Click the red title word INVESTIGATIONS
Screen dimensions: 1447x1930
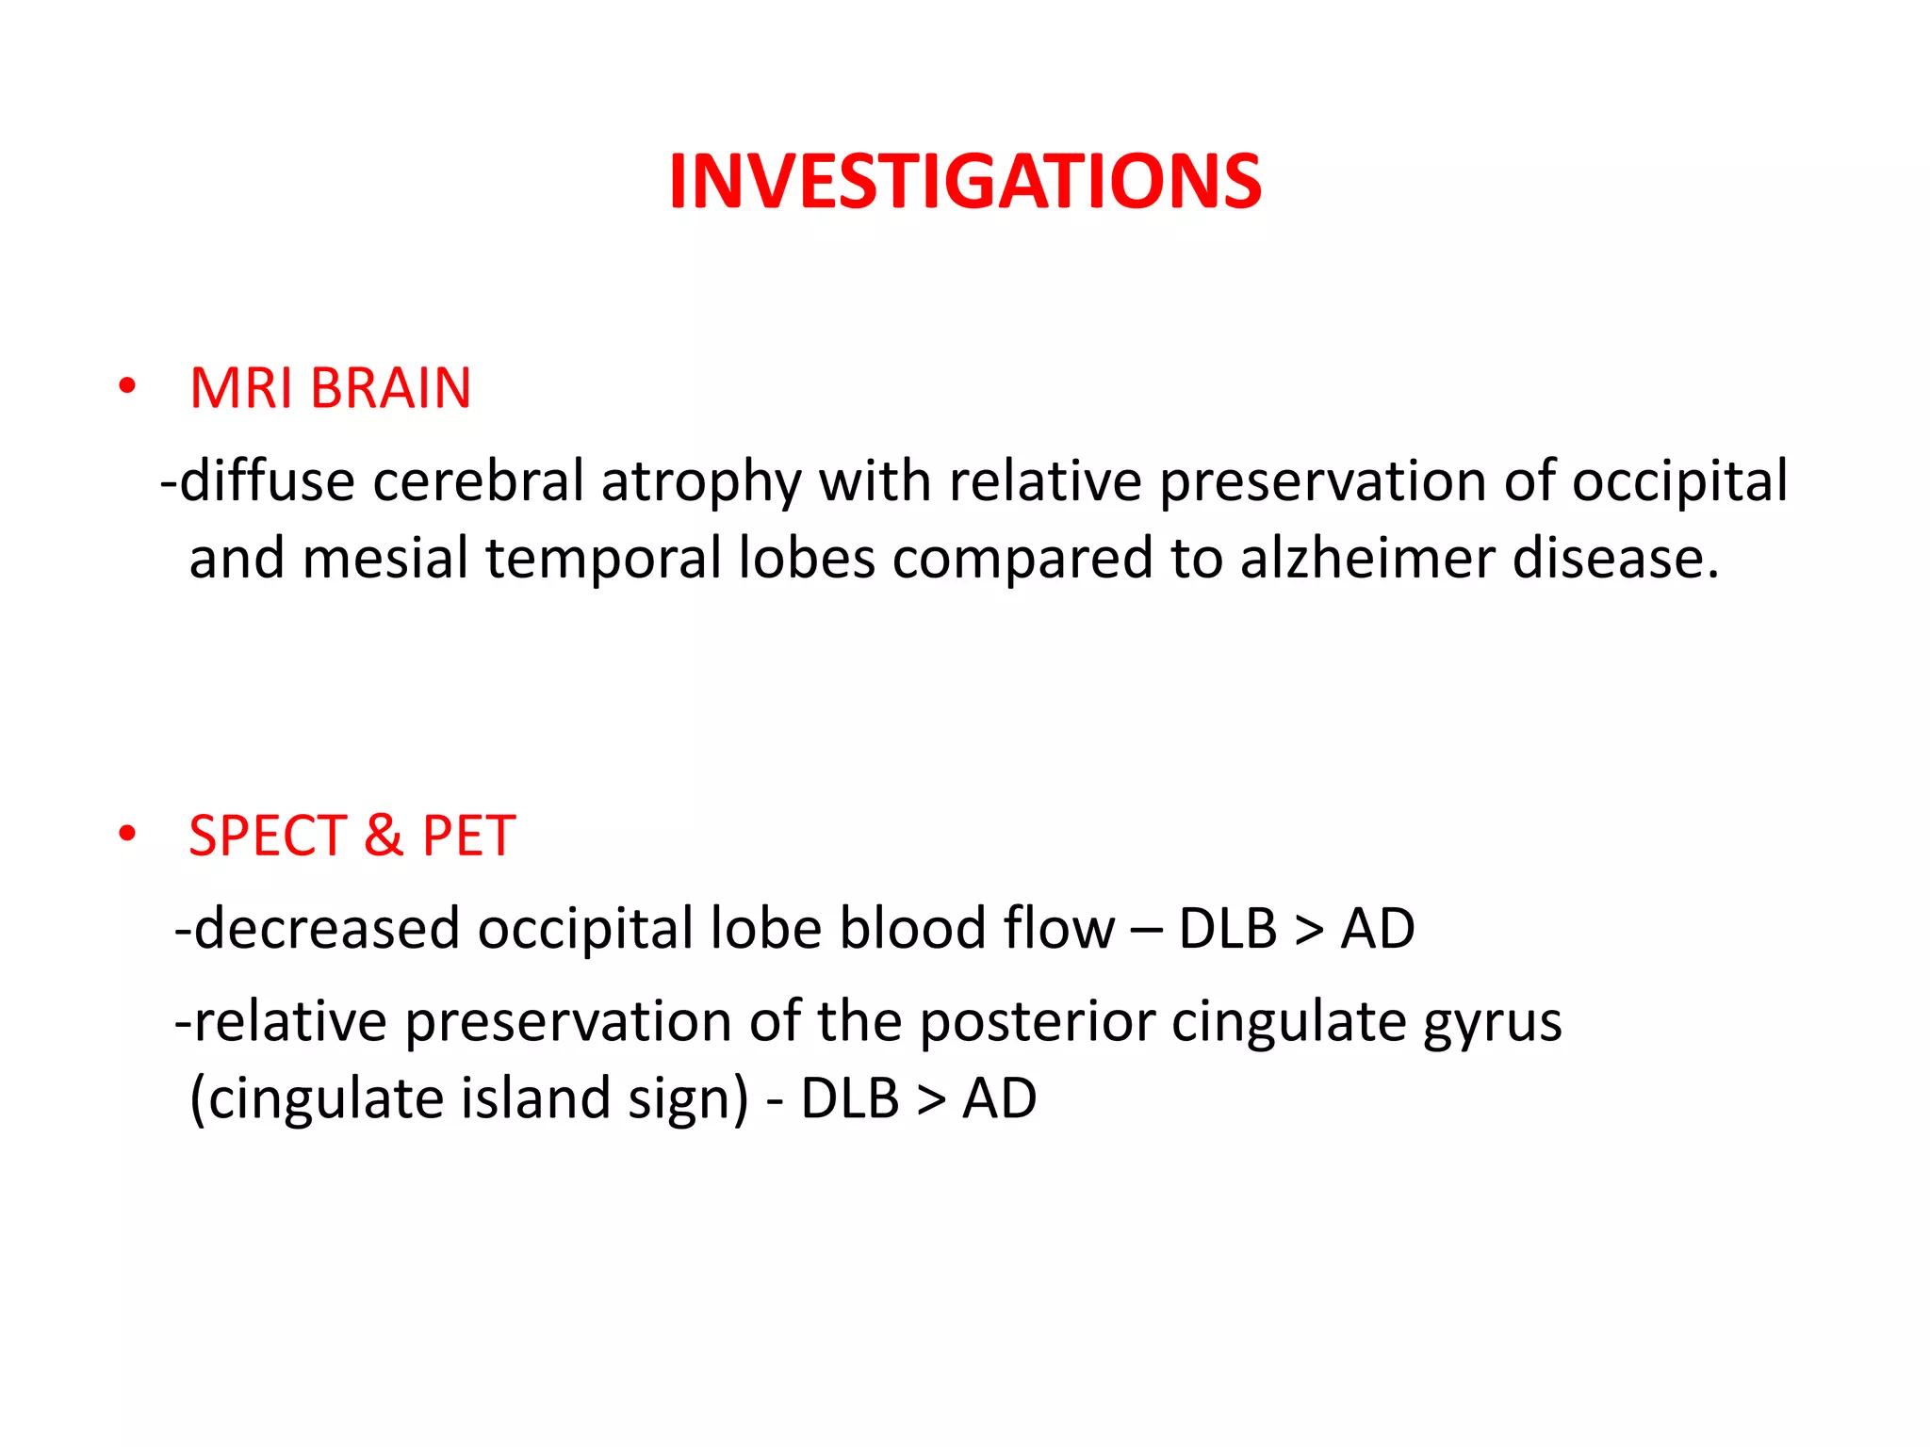[x=965, y=181]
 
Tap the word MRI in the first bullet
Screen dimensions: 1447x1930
[x=240, y=388]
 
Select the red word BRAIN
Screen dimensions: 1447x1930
[x=390, y=388]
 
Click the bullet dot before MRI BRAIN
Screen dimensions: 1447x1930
[x=127, y=386]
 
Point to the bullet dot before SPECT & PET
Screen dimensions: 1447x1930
[x=127, y=834]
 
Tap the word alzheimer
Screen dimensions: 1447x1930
[x=1367, y=558]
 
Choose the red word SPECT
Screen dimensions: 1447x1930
[x=269, y=836]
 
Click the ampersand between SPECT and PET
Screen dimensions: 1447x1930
[x=384, y=836]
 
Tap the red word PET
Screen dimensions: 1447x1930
[x=468, y=836]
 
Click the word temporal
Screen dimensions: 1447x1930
[x=603, y=559]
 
